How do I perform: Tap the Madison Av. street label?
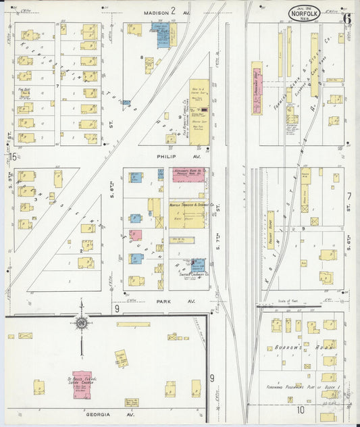(x=164, y=11)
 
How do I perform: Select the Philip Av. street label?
(x=165, y=156)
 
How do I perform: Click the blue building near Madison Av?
(x=162, y=35)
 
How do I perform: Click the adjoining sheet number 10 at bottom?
(x=300, y=410)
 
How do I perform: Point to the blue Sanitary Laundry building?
(x=198, y=264)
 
